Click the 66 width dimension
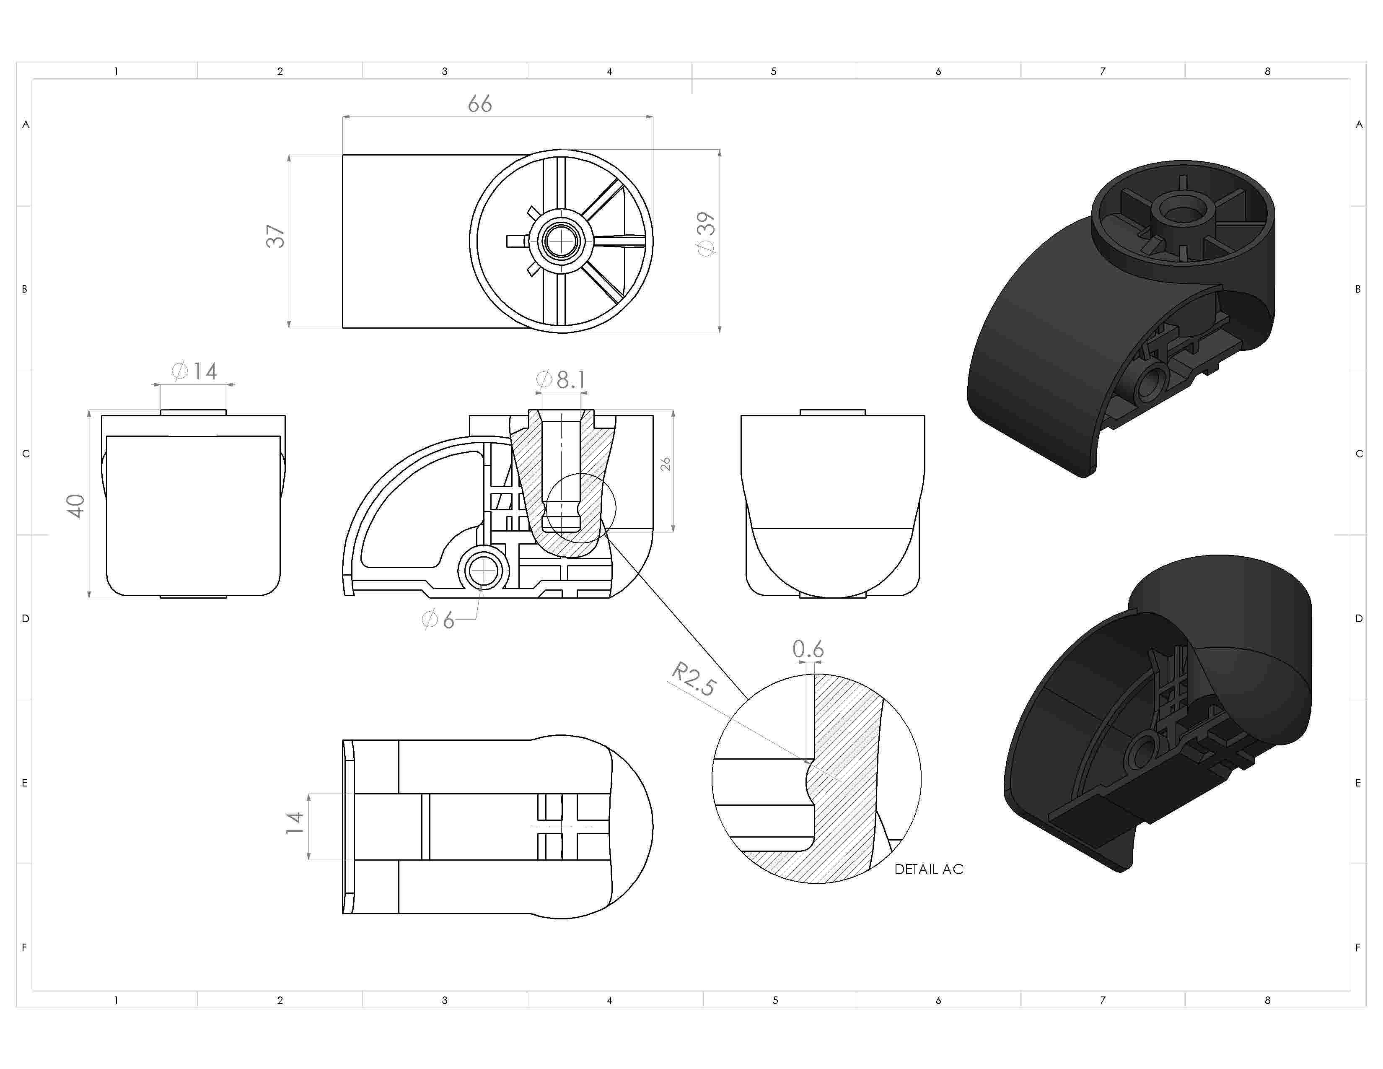click(479, 104)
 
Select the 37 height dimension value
click(275, 236)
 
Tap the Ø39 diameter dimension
click(706, 234)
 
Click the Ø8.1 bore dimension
click(561, 379)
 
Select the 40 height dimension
click(75, 506)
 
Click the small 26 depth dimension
click(665, 464)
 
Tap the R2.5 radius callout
click(694, 678)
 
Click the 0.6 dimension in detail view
click(808, 649)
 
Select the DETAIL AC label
click(928, 869)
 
